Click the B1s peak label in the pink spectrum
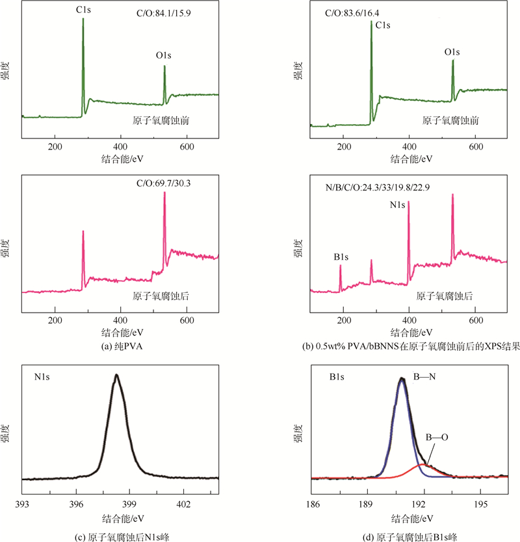tap(343, 258)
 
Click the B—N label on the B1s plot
tap(426, 376)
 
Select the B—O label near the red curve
tap(436, 438)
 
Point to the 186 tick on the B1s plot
tap(312, 505)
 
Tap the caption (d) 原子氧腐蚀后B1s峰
tap(411, 537)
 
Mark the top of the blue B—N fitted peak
tap(402, 378)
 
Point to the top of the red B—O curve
tap(423, 464)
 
